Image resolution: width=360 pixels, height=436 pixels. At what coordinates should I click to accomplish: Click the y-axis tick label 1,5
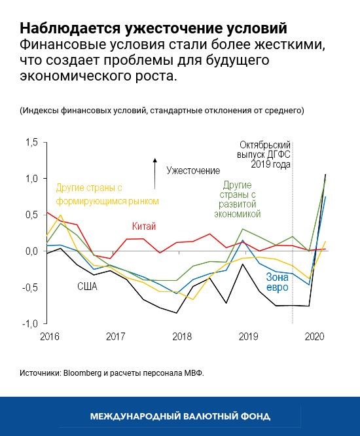click(31, 142)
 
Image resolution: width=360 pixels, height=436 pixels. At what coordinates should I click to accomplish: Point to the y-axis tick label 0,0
click(31, 251)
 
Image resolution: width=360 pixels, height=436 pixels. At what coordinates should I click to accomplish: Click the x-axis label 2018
click(182, 336)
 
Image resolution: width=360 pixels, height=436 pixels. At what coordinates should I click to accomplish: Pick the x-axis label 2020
click(315, 336)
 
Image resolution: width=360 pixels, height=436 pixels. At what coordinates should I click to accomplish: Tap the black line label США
click(87, 286)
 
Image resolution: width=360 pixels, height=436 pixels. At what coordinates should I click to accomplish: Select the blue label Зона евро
click(278, 282)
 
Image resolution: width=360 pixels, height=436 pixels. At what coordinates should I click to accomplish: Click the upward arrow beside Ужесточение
click(155, 168)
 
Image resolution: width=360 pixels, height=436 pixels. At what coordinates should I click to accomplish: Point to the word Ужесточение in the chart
click(192, 170)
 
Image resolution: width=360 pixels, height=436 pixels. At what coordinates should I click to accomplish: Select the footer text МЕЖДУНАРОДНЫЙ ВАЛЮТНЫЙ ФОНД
click(180, 416)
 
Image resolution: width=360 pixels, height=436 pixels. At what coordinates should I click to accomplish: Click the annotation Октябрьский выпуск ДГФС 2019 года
click(264, 154)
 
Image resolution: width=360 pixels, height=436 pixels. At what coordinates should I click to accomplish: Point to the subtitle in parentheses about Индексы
click(162, 110)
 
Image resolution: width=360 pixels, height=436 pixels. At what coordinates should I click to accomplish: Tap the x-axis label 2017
click(116, 336)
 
